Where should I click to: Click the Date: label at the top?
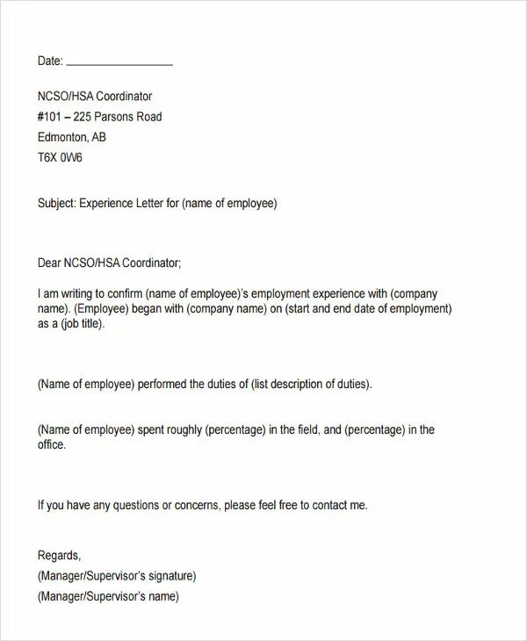pos(50,61)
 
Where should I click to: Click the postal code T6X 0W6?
pos(60,159)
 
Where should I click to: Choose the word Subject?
pos(57,203)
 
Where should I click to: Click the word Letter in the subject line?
pos(148,203)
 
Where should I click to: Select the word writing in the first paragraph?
pos(83,293)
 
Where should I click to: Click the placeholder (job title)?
pos(82,324)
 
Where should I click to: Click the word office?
pos(52,445)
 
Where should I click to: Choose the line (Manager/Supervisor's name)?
pos(108,597)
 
